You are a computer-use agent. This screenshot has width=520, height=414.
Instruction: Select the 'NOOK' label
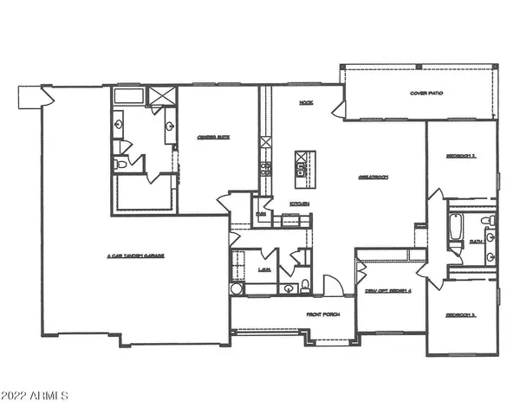pos(305,102)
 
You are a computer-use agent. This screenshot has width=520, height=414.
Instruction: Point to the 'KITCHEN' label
pos(301,204)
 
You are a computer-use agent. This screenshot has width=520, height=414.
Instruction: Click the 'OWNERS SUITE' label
pos(211,134)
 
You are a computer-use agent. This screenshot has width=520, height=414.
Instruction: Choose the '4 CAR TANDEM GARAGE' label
pos(136,256)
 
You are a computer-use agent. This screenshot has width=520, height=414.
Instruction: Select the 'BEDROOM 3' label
pos(460,315)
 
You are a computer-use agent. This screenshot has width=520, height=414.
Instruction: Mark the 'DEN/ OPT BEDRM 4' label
pos(387,290)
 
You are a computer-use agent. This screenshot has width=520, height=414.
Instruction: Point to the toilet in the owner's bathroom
pos(121,162)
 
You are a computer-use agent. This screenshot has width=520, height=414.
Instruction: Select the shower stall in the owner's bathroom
pos(160,96)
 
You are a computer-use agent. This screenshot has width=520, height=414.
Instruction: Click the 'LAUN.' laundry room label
pos(263,270)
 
